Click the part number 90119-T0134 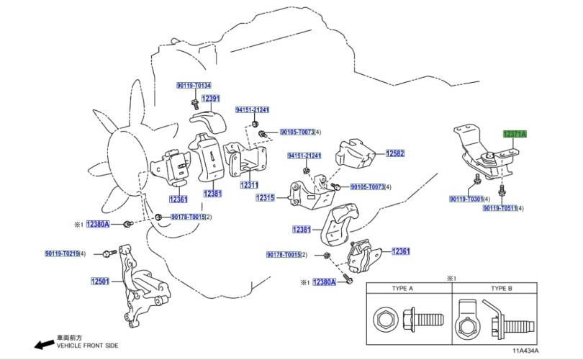pyautogui.click(x=194, y=85)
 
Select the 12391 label pyautogui.click(x=210, y=99)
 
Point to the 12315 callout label pyautogui.click(x=266, y=197)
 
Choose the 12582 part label pyautogui.click(x=395, y=153)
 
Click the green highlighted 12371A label pyautogui.click(x=515, y=134)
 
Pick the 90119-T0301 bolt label pyautogui.click(x=465, y=199)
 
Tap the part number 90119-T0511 pyautogui.click(x=500, y=208)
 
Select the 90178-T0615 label pyautogui.click(x=188, y=217)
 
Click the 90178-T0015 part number pyautogui.click(x=283, y=255)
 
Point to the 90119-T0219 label pyautogui.click(x=60, y=253)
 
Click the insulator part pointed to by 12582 pyautogui.click(x=356, y=153)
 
